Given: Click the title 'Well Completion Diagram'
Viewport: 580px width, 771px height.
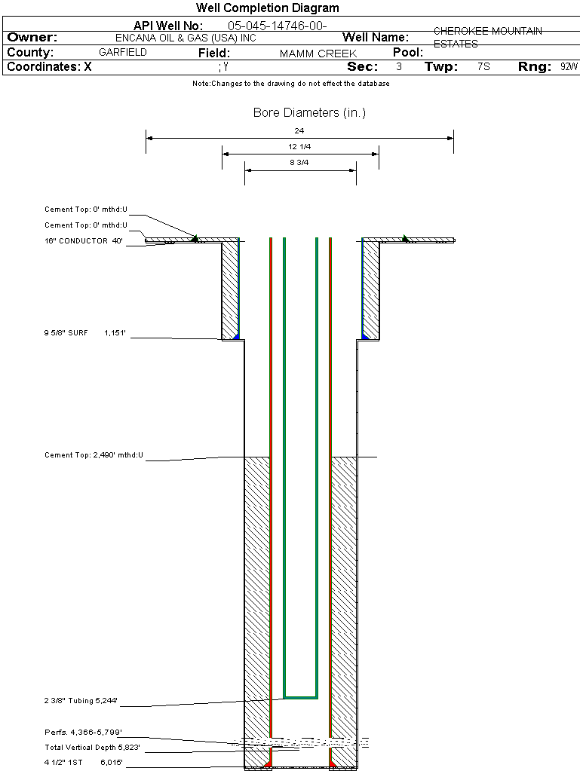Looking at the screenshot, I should point(268,8).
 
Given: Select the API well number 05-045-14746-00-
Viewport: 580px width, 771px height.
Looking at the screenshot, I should point(277,26).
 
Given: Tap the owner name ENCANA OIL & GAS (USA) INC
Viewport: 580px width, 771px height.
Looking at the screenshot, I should point(191,38).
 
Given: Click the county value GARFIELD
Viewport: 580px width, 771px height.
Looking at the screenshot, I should point(123,53).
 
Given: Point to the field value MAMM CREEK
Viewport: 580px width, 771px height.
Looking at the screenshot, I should point(318,54).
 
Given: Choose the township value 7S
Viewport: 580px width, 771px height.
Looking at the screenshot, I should point(483,67).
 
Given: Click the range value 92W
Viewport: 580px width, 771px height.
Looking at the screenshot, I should point(569,67).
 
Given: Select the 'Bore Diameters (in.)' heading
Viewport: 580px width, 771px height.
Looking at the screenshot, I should point(309,113).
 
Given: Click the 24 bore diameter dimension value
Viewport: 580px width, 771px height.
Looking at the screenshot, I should point(299,130).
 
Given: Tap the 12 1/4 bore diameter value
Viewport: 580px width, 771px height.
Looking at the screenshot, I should point(299,146).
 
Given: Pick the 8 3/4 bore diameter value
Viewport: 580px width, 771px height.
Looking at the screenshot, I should point(299,162).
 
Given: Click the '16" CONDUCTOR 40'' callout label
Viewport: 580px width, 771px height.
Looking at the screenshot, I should point(84,241).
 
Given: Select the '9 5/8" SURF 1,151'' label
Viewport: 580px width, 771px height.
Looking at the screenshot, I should point(84,332).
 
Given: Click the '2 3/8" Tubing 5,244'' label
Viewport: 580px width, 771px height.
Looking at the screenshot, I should point(81,702).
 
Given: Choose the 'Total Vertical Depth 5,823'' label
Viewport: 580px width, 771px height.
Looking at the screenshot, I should point(92,748).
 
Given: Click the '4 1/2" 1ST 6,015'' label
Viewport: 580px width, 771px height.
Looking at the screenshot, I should point(82,763).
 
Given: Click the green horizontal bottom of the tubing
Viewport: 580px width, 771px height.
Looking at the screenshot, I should point(300,697).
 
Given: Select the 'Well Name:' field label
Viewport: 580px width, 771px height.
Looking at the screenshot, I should point(376,38).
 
